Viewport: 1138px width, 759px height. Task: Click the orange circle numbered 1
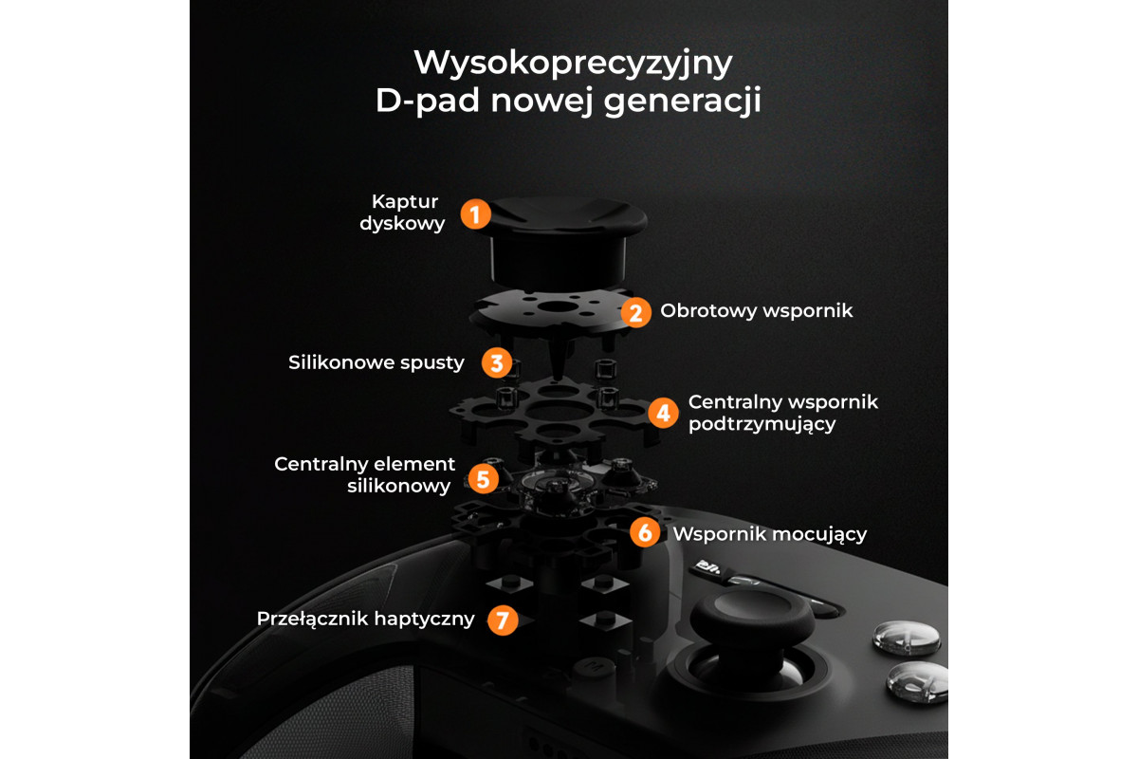[475, 214]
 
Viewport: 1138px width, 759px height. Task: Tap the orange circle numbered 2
[635, 313]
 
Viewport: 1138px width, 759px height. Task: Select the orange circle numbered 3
[497, 362]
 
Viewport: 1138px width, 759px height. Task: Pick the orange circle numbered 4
[663, 413]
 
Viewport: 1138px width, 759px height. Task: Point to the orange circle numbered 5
[483, 478]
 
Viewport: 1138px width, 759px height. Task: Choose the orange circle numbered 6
[645, 532]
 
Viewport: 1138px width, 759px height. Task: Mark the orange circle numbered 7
[503, 620]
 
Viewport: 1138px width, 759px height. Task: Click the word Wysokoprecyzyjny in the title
[573, 64]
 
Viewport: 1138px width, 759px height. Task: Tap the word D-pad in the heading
[428, 101]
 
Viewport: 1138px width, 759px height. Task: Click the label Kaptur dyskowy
[402, 213]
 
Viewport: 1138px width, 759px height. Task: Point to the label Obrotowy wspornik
[757, 310]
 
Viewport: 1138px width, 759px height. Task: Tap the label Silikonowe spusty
[376, 363]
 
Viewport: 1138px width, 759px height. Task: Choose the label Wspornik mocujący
[770, 535]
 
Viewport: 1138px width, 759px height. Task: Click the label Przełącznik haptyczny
[366, 620]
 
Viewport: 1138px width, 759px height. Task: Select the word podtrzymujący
[762, 424]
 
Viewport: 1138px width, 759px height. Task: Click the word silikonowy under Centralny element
[399, 487]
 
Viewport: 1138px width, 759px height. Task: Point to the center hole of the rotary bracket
[557, 306]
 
